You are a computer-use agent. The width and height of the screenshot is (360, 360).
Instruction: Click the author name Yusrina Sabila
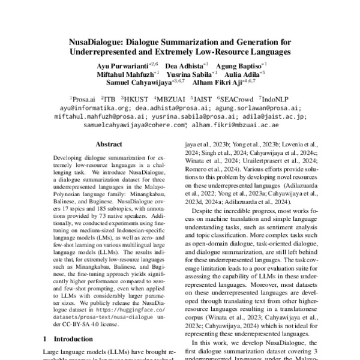click(190, 73)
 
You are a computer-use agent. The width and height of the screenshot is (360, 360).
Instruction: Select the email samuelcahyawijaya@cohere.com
click(135, 125)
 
